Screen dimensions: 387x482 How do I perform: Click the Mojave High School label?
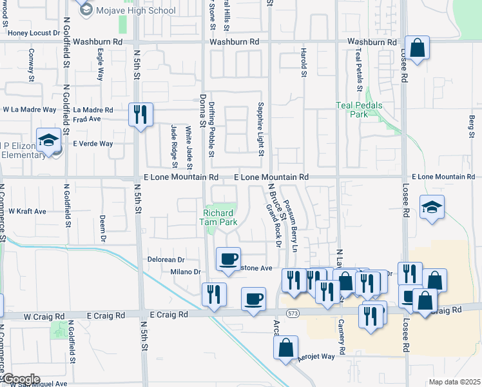135,10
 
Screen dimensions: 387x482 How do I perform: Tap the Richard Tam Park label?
220,217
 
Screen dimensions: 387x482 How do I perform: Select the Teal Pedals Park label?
359,110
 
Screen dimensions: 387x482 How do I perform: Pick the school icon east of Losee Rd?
432,208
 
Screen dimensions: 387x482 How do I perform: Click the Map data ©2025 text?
454,382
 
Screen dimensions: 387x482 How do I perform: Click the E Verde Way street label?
93,144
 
